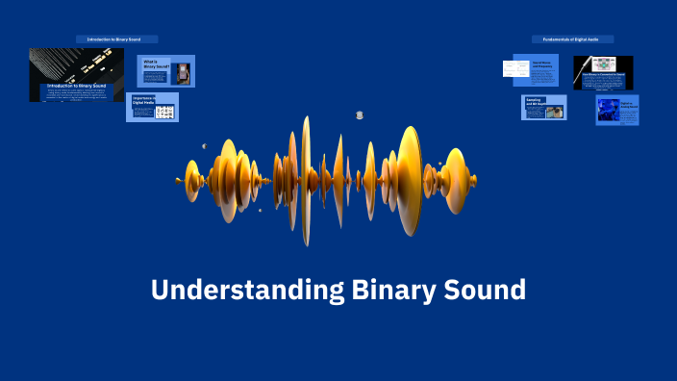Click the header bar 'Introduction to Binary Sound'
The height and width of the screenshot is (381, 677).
pos(116,39)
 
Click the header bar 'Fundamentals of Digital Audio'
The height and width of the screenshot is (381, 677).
pos(572,39)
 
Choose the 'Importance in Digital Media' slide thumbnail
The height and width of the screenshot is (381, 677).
pos(152,108)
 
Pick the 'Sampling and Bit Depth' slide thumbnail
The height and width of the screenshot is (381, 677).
pos(544,108)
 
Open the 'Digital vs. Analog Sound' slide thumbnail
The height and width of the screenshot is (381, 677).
pos(616,109)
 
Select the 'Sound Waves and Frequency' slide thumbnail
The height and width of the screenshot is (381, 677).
pos(530,69)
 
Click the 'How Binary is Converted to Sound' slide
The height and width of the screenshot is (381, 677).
pos(603,73)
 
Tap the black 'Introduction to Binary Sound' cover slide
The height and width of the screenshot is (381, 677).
pos(76,75)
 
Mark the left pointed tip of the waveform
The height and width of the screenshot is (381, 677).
pos(179,180)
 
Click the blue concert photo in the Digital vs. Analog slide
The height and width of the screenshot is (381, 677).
pos(608,110)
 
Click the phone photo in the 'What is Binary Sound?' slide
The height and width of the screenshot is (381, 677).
pos(183,74)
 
